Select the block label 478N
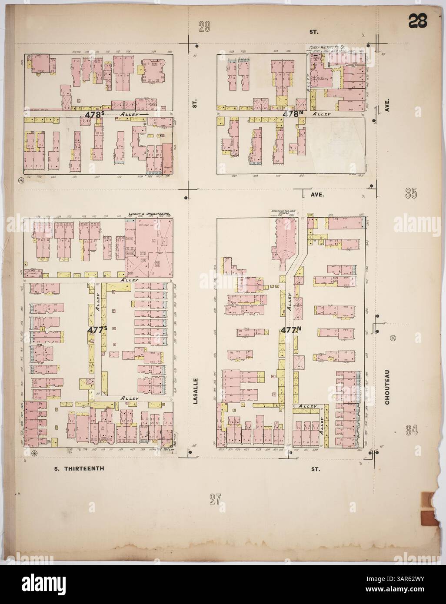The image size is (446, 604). tap(293, 114)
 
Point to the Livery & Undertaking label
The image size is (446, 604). tap(149, 214)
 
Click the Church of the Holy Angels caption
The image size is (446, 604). tap(279, 213)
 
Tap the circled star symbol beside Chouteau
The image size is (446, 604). tap(393, 338)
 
